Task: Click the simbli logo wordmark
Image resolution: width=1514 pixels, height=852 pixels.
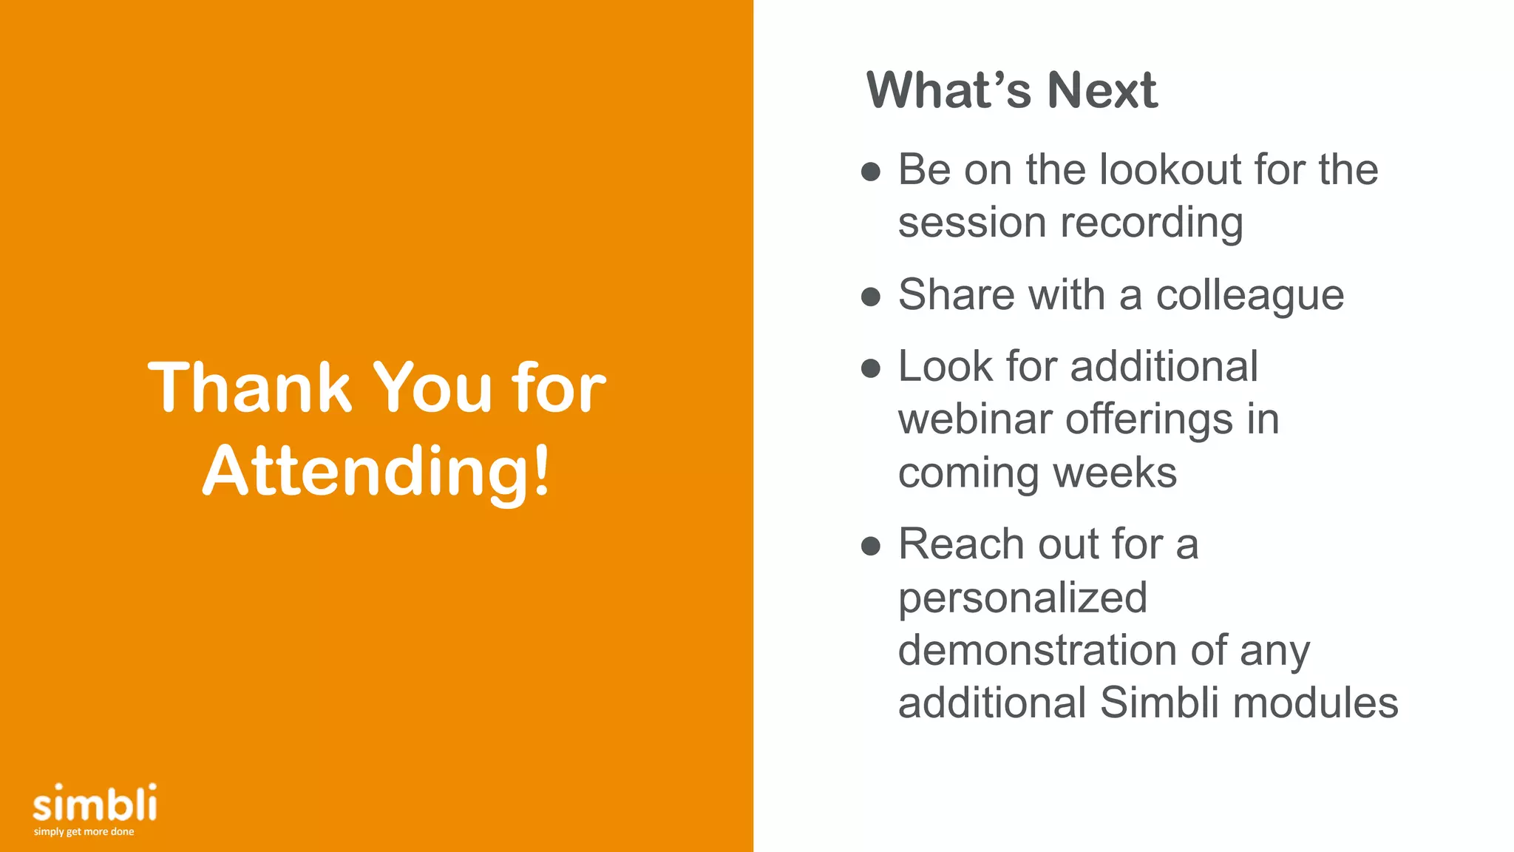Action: point(95,804)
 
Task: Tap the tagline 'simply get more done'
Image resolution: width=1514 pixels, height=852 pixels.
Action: point(84,832)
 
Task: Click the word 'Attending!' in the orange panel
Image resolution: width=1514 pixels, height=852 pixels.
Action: point(377,471)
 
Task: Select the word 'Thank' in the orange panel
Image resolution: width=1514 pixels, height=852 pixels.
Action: point(250,388)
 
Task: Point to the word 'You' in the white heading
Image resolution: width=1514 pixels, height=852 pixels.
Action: point(432,388)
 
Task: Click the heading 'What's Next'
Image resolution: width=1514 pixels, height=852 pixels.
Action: point(1011,90)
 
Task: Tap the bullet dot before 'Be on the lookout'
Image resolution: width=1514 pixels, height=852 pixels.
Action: point(871,172)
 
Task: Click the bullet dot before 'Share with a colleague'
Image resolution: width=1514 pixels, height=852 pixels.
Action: point(871,297)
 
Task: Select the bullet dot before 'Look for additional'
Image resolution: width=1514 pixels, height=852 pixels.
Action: point(871,368)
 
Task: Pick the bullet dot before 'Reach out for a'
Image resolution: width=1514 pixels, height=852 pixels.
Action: point(871,547)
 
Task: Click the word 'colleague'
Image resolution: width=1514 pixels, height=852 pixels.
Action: point(1249,295)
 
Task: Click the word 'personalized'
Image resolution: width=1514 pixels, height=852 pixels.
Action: point(1022,598)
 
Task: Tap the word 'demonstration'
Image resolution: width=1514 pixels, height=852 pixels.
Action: point(1036,650)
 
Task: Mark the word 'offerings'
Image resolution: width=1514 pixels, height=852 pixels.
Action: point(1149,420)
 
